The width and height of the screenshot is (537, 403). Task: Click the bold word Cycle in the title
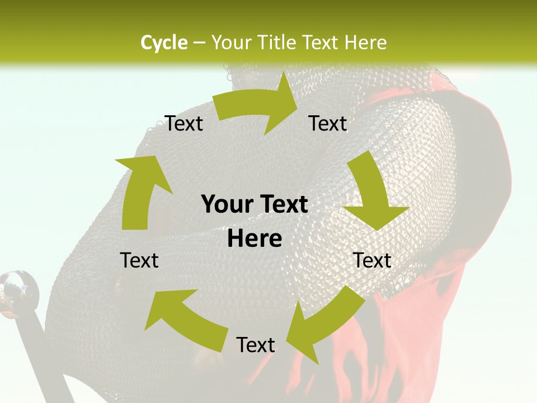pos(164,43)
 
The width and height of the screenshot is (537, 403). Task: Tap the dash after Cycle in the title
pos(199,43)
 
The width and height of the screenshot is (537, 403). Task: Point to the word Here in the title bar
pos(366,43)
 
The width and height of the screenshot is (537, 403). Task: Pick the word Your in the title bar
pos(231,43)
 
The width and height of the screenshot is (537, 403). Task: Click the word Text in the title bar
pos(323,43)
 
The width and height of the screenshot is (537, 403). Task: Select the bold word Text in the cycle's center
pos(281,205)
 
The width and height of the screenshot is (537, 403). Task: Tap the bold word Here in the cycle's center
pos(255,239)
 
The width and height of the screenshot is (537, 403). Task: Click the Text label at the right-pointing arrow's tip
pos(328,124)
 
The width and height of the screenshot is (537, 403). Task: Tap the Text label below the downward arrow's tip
pos(372,260)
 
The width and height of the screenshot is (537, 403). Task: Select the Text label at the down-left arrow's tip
pos(256,345)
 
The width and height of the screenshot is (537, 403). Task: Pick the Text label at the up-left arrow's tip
pos(140,260)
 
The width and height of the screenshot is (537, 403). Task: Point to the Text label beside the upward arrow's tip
pos(184,124)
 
